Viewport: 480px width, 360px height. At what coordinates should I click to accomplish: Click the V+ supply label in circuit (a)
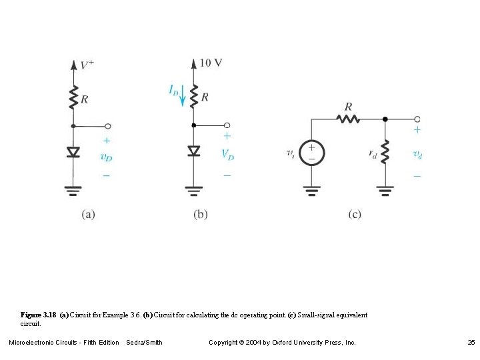87,65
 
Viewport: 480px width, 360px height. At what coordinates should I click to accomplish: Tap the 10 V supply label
211,63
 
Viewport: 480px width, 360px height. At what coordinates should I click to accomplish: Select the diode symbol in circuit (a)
74,152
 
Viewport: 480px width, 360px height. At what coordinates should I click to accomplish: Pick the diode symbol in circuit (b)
194,151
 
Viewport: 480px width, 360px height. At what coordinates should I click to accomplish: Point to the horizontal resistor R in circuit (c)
348,119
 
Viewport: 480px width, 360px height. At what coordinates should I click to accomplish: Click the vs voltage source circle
311,153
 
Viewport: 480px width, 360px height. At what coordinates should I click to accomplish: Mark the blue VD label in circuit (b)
227,154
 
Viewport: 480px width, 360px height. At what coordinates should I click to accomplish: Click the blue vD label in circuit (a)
106,157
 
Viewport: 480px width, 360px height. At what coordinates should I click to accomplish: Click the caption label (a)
89,215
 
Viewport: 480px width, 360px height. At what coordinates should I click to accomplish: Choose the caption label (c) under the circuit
355,215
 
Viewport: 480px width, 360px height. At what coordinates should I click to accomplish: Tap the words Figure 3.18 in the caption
39,315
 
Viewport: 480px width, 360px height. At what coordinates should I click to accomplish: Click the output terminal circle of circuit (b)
227,125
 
